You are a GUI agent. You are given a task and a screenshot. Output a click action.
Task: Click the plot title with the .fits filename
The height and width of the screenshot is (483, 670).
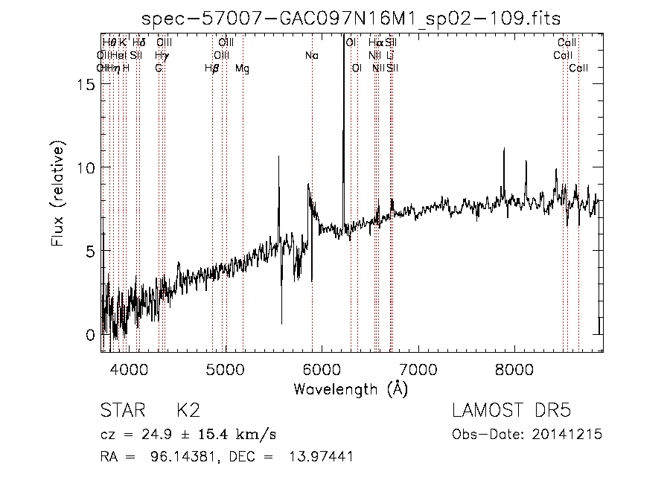tap(351, 18)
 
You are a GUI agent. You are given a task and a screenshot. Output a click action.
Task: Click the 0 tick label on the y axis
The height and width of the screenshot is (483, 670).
tap(92, 335)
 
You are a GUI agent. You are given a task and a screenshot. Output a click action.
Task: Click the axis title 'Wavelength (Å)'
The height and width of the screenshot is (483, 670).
tap(351, 388)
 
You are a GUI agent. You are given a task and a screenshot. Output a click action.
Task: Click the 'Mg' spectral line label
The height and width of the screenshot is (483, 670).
tap(242, 68)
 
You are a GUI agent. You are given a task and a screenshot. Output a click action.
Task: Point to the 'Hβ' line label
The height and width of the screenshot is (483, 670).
tap(212, 68)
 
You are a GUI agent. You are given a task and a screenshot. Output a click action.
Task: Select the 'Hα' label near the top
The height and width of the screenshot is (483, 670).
tap(375, 43)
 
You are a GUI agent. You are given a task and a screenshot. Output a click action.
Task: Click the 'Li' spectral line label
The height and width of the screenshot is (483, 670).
tap(390, 56)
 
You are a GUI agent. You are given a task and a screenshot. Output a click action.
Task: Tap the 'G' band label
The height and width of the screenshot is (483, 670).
tap(159, 68)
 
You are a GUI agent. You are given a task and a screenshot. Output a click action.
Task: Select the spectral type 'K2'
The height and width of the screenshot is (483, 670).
tap(188, 411)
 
